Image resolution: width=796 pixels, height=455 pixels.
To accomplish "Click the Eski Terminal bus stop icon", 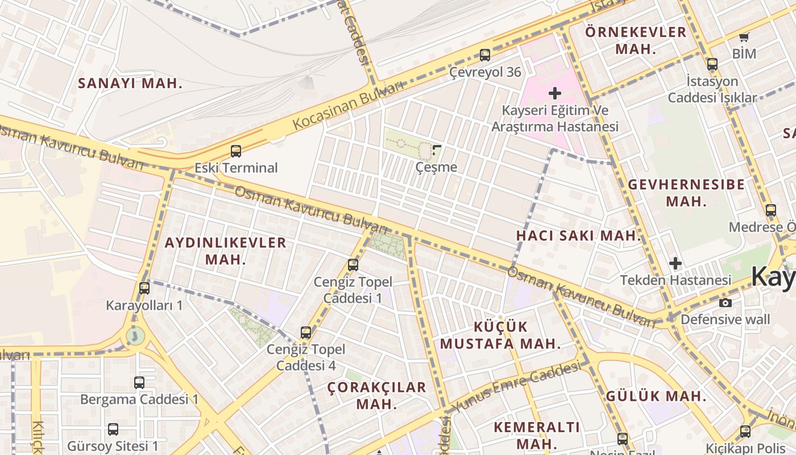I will point(236,151).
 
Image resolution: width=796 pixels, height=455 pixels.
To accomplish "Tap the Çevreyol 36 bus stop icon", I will point(485,55).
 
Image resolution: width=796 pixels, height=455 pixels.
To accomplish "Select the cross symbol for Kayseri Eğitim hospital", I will point(555,93).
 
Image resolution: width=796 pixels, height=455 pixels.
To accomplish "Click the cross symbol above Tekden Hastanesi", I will point(675,263).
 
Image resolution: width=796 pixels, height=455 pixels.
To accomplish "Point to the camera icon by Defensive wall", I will point(725,303).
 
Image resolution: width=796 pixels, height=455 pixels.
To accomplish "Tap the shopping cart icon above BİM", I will point(744,38).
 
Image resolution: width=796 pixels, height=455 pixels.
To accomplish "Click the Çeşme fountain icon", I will point(437,150).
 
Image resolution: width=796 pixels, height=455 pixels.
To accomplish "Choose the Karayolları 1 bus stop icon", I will point(144,288).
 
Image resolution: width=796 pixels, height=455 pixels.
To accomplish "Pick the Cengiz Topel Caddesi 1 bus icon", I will point(353,265).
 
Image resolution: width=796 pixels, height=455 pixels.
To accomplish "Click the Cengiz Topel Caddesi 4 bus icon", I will point(306,333).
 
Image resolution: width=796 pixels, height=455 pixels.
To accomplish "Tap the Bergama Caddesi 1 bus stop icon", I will point(139,383).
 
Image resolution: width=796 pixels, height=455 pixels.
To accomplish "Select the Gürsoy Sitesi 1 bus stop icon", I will point(113,429).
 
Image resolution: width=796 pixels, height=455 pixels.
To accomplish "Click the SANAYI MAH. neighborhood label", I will point(130,83).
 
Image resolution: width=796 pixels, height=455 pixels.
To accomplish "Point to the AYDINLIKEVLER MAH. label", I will point(225,251).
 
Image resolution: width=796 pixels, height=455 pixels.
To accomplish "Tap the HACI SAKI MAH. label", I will point(579,235).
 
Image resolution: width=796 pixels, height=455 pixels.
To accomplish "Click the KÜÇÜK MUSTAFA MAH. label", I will point(500,335).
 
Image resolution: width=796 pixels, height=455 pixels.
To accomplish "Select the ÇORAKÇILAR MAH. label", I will point(376,395).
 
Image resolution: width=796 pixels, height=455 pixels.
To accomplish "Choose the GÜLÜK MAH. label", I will point(656,396).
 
